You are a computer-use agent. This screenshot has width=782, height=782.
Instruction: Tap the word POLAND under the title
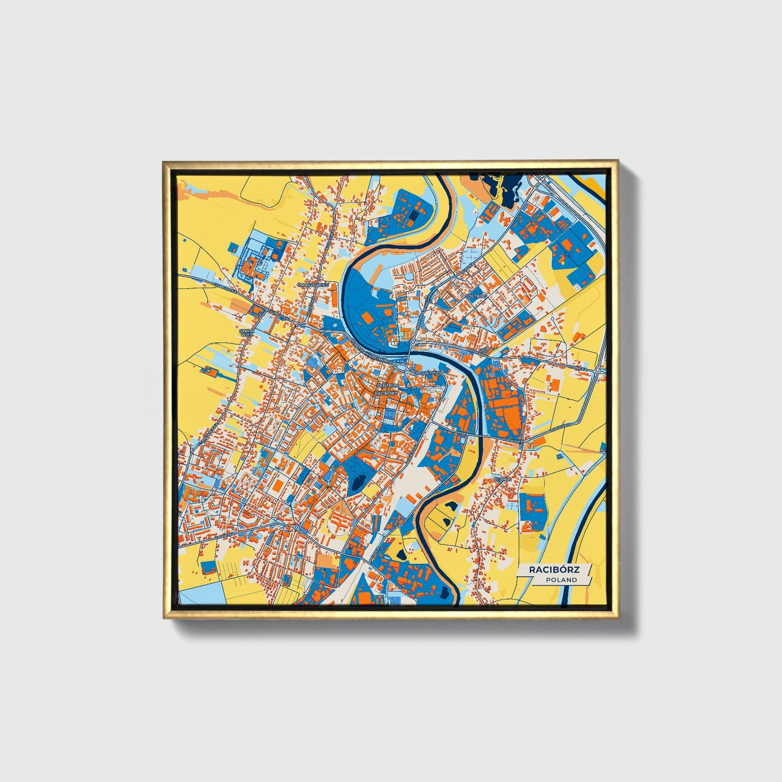(561, 580)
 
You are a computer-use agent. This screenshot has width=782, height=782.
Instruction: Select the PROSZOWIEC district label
(313, 284)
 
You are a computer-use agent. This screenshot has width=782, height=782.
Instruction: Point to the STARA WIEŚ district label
(246, 332)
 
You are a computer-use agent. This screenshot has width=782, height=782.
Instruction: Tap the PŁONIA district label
(502, 479)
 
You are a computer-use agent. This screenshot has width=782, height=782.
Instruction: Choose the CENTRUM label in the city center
(387, 385)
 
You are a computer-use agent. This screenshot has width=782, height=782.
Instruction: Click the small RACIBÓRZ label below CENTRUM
(385, 393)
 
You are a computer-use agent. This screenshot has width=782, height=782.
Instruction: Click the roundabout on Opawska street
(296, 526)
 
